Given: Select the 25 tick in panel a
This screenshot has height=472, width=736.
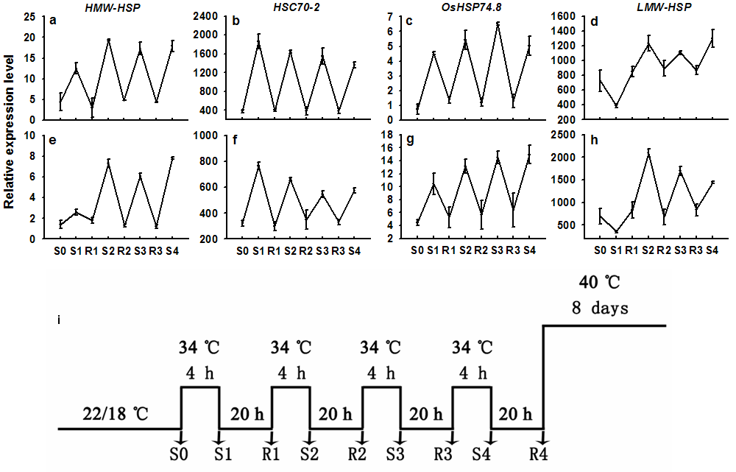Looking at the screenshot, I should click(31, 16).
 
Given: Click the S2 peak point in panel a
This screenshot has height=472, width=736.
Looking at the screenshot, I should click(109, 40).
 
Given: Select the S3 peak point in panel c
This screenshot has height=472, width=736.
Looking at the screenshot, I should click(498, 24).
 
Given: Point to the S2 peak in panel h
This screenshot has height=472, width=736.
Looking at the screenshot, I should click(648, 151).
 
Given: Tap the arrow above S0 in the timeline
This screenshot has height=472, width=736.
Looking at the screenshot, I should click(181, 437).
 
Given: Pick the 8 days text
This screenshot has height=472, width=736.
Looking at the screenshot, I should click(601, 308).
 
